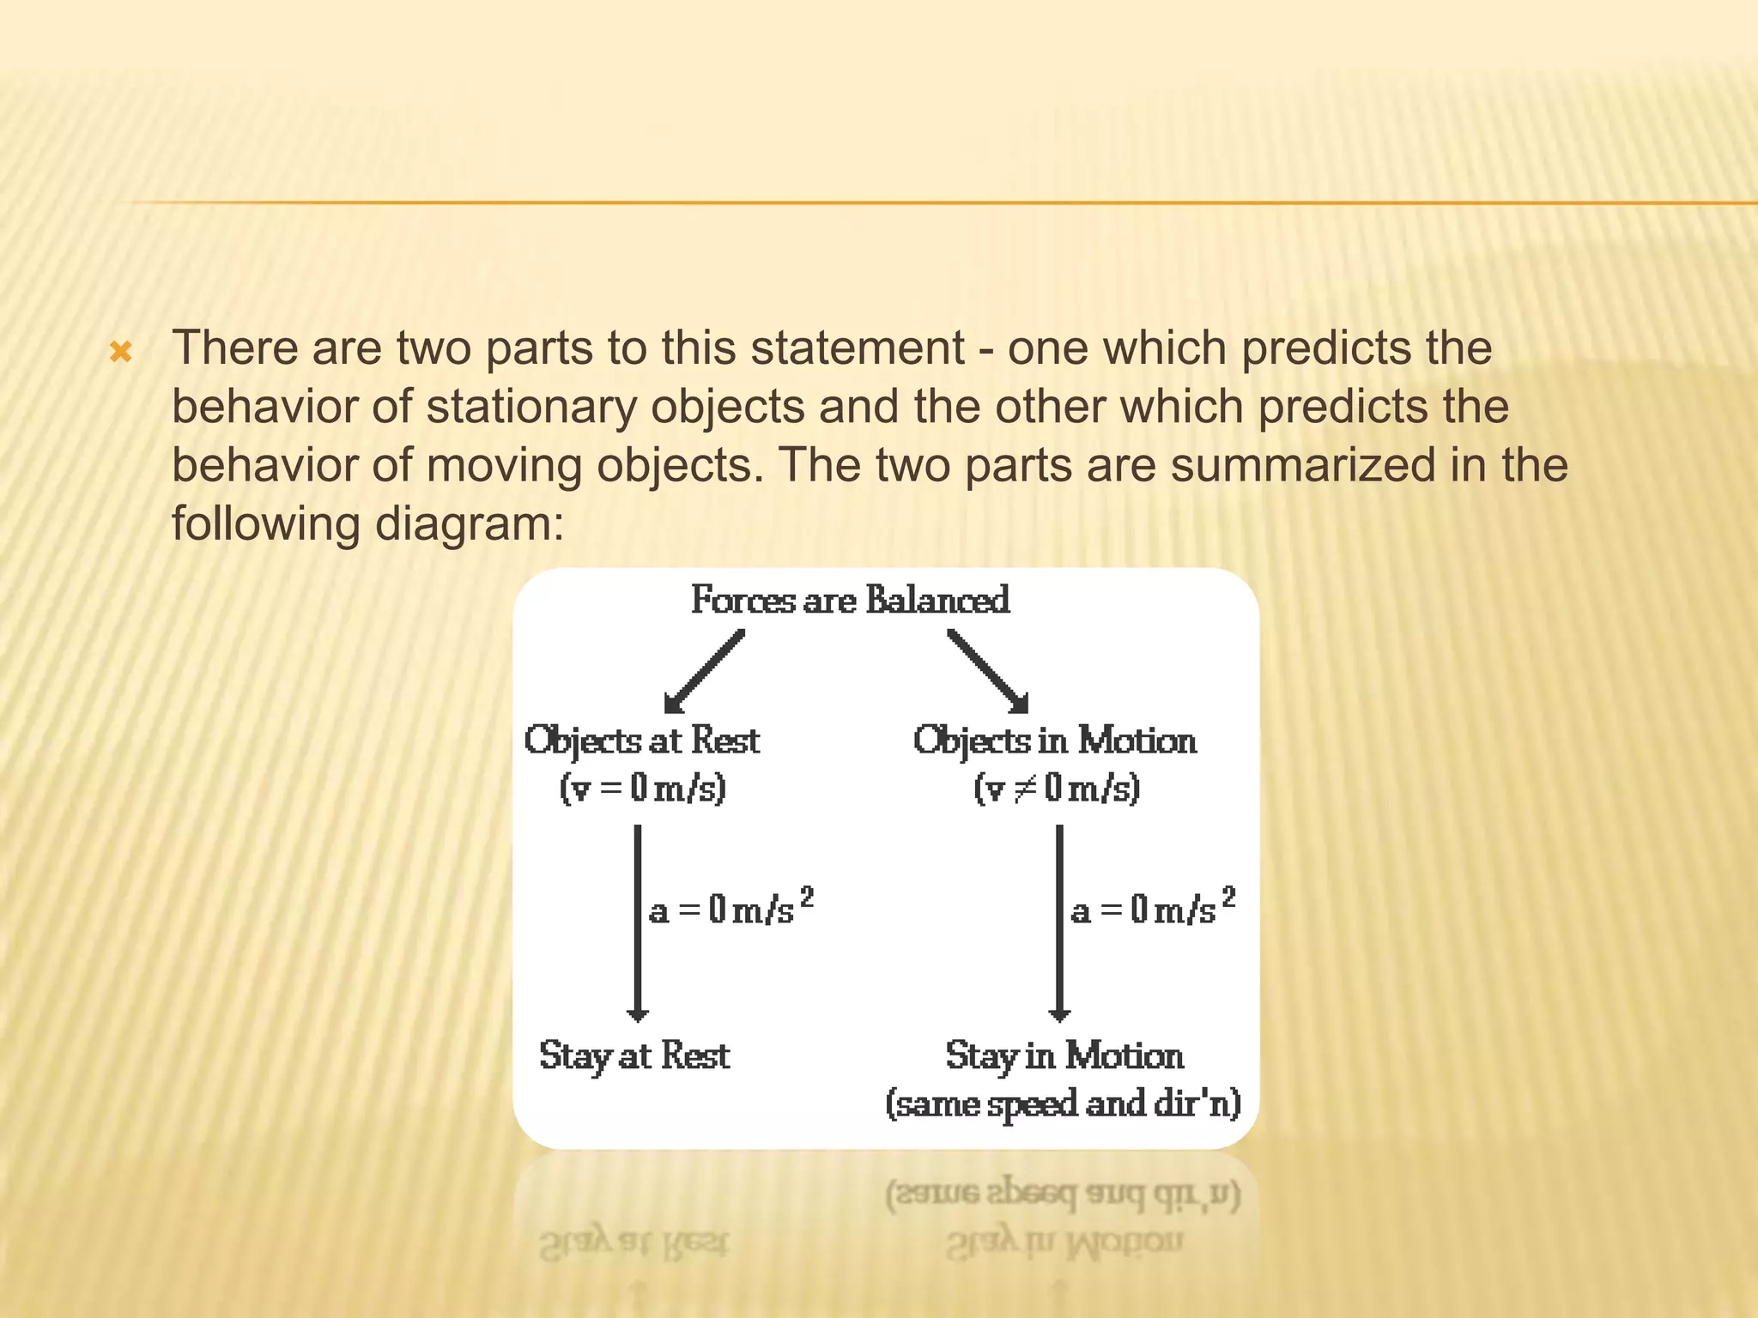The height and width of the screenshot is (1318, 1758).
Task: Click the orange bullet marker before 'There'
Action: (121, 352)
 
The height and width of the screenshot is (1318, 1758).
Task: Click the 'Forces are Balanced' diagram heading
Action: (850, 600)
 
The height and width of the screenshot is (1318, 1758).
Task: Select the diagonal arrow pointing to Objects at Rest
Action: (705, 672)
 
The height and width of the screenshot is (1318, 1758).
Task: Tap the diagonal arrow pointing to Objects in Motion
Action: (988, 672)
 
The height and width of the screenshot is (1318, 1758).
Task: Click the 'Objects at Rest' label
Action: (642, 741)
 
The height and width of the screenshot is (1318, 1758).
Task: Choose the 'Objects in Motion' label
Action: (1054, 741)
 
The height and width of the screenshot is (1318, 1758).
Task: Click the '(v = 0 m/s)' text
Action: (642, 788)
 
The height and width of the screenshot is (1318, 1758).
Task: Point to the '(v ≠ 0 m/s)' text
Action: (1056, 788)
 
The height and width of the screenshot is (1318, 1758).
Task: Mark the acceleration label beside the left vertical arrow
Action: (730, 908)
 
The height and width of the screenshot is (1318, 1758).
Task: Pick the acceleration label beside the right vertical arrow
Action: (1153, 908)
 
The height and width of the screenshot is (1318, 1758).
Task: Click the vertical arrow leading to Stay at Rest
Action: (637, 922)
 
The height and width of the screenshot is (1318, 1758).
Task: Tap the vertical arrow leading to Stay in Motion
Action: (1059, 922)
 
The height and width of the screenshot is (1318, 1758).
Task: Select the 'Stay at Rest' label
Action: (634, 1056)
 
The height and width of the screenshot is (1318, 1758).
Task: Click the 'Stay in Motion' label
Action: (1064, 1056)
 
